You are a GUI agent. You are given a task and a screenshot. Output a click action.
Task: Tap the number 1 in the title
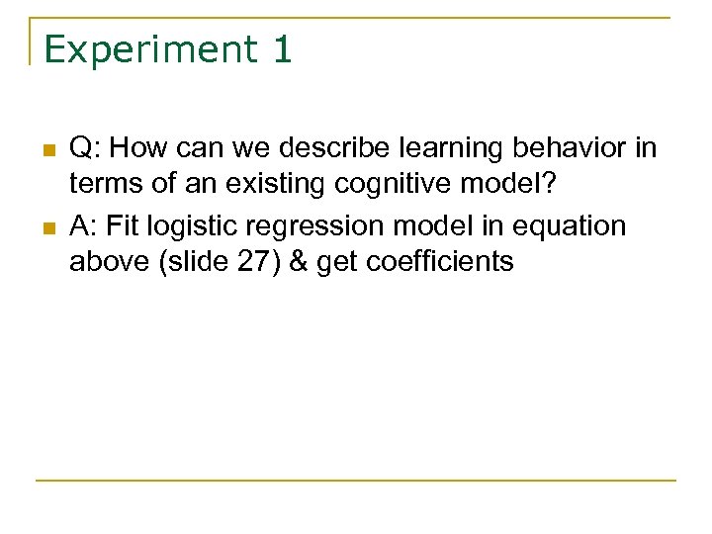279,49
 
